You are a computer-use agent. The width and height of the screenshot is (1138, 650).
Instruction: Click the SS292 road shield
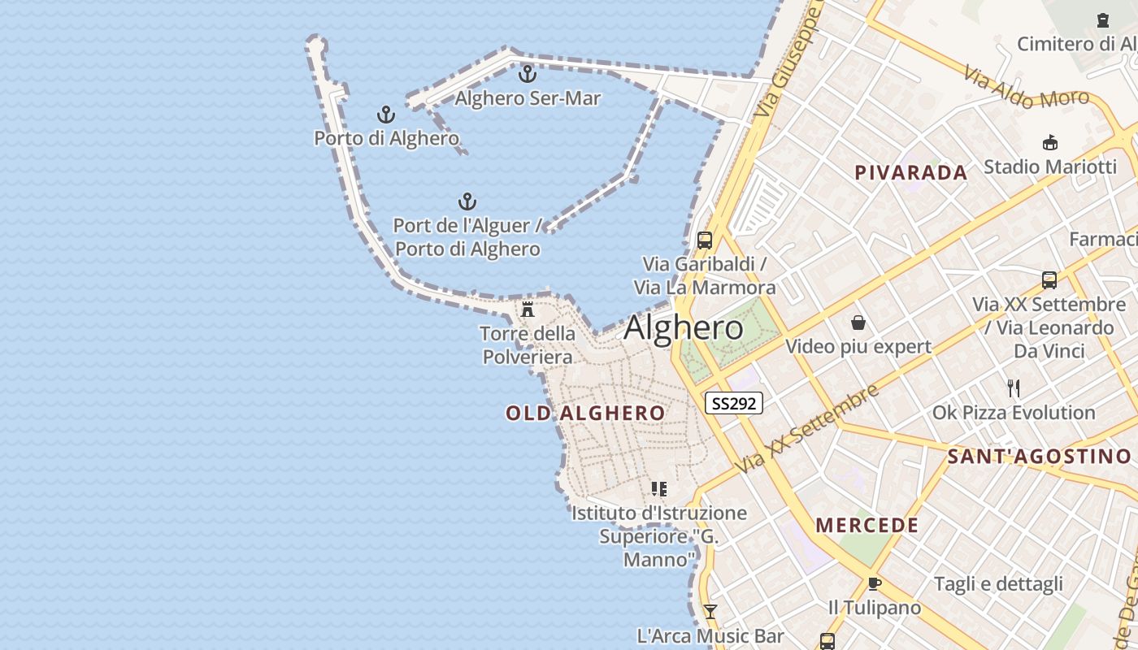[733, 403]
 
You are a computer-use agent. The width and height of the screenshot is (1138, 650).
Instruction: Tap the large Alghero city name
[683, 327]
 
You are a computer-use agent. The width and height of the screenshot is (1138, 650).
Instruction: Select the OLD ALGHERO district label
[585, 413]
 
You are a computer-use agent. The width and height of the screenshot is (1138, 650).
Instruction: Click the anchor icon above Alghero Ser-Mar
[528, 74]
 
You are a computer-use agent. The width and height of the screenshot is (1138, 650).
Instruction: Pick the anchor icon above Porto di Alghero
[386, 115]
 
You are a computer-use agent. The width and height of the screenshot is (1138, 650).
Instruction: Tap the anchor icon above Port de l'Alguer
[467, 201]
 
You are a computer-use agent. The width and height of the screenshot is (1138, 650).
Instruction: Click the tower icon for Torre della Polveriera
[528, 309]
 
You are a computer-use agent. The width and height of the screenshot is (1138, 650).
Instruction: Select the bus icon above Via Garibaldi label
[705, 240]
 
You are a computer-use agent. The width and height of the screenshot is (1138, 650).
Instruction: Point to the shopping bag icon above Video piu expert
[858, 323]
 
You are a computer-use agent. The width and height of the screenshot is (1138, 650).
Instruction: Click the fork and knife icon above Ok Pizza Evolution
[1014, 388]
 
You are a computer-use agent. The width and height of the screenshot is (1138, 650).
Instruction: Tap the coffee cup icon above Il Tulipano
[875, 583]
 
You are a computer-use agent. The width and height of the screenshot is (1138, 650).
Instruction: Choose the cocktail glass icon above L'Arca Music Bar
[710, 612]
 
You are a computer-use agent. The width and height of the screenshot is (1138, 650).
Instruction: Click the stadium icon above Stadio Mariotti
[1050, 142]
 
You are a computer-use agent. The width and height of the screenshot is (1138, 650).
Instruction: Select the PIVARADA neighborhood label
[911, 172]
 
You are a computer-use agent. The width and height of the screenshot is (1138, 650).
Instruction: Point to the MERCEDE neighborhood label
[867, 525]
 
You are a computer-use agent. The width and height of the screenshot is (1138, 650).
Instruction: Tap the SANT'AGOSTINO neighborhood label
[1039, 457]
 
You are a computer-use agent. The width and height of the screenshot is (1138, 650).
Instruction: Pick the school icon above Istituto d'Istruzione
[659, 489]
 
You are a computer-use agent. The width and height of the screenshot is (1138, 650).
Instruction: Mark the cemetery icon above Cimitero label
[1103, 20]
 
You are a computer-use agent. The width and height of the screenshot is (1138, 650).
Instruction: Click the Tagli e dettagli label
[998, 583]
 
